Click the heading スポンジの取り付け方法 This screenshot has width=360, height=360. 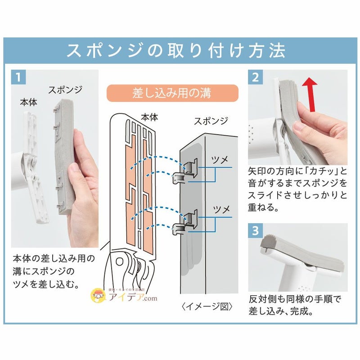click(176, 50)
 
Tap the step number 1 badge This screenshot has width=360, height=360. click(18, 77)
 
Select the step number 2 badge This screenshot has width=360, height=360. click(255, 77)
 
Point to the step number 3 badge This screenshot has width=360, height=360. click(255, 230)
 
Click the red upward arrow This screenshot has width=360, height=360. click(310, 94)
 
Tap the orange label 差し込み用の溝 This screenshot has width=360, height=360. click(172, 93)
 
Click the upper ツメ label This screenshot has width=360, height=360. click(220, 160)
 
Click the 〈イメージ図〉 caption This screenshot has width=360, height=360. click(207, 306)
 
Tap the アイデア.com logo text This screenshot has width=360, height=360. click(133, 297)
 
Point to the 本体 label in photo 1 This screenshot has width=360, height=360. click(28, 103)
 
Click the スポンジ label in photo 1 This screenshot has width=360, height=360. click(65, 90)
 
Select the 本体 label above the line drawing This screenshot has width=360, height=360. click(149, 117)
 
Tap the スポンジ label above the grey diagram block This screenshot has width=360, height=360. click(211, 121)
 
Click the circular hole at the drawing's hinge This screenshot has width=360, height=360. click(120, 261)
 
